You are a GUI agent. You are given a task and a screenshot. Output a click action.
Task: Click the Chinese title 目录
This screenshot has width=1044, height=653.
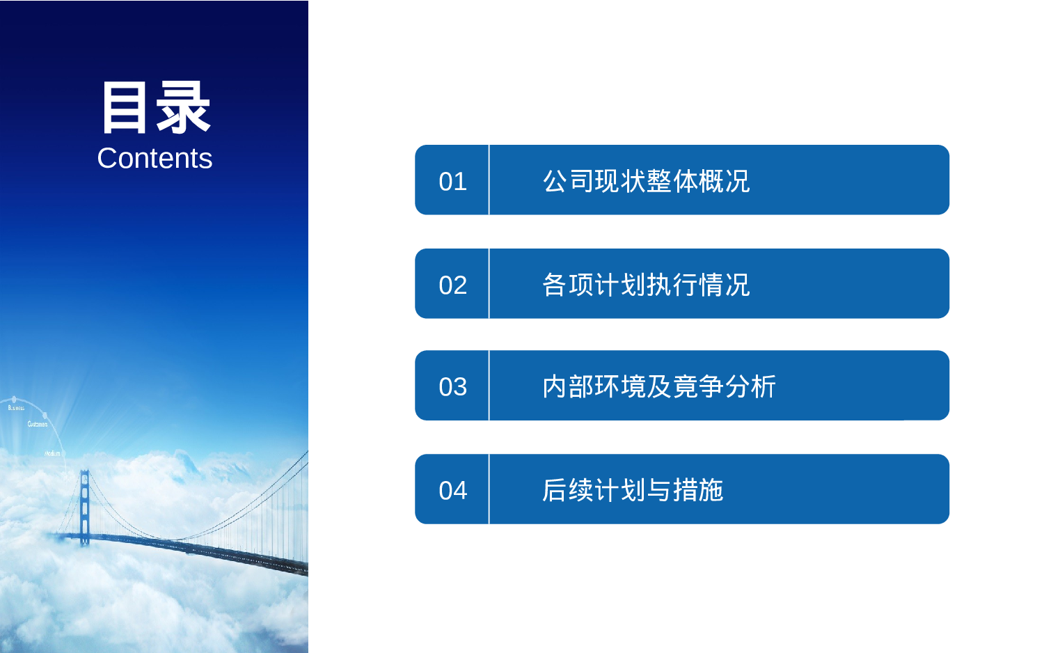pyautogui.click(x=155, y=107)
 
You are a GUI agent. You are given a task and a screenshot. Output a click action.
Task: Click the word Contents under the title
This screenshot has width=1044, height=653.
pyautogui.click(x=155, y=159)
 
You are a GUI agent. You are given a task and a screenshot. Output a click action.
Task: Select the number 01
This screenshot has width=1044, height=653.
pyautogui.click(x=452, y=182)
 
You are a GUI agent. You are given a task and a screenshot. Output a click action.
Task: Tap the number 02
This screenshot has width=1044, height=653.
pyautogui.click(x=452, y=285)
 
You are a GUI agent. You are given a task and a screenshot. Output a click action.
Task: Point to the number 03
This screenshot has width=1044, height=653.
pyautogui.click(x=452, y=387)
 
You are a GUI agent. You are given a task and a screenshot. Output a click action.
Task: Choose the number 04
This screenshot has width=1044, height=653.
pyautogui.click(x=452, y=491)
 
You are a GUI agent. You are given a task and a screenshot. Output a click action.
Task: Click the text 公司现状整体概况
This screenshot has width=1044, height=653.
pyautogui.click(x=646, y=181)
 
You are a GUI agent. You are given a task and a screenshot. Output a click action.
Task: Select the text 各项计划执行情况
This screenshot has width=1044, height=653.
pyautogui.click(x=646, y=285)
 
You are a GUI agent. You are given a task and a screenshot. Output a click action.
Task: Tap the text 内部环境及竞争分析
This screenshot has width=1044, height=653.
pyautogui.click(x=658, y=386)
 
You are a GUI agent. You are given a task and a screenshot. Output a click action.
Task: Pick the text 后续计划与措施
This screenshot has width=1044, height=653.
pyautogui.click(x=633, y=490)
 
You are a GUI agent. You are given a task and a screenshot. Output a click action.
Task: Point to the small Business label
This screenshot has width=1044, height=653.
pyautogui.click(x=16, y=408)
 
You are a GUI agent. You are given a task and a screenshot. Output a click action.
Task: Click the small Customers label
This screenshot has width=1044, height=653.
pyautogui.click(x=38, y=424)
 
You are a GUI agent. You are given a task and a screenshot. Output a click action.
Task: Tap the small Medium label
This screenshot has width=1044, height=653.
pyautogui.click(x=52, y=453)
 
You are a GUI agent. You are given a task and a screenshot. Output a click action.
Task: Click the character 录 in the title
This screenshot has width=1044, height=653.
pyautogui.click(x=183, y=107)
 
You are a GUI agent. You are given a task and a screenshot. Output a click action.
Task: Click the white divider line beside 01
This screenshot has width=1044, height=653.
pyautogui.click(x=489, y=180)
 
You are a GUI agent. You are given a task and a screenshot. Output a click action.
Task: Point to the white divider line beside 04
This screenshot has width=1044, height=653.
pyautogui.click(x=489, y=489)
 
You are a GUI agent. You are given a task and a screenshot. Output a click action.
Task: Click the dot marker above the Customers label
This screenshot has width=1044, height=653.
pyautogui.click(x=45, y=416)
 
